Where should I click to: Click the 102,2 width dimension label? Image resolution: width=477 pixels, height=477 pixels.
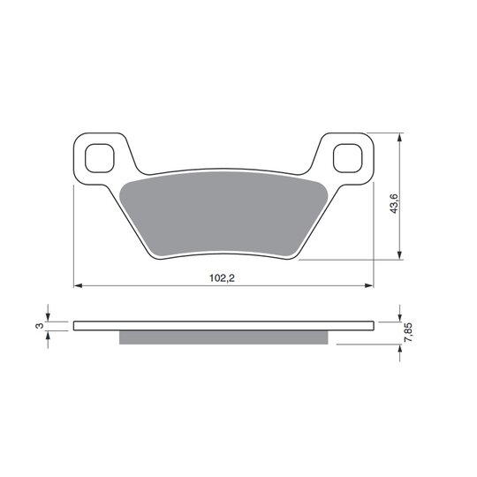coord(222,278)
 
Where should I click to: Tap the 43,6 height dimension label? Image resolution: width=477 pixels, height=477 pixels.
coord(394,204)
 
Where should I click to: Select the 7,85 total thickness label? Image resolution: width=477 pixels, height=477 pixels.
coord(409,333)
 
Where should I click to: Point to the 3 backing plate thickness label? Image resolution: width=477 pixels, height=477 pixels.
coord(39,326)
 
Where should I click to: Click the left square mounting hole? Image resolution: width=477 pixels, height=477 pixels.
coord(100,158)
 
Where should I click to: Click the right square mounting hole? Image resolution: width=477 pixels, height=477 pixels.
coord(348,158)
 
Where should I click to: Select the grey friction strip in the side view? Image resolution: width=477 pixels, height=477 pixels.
coord(223,337)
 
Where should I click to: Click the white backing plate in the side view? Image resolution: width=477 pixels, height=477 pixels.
coord(223,326)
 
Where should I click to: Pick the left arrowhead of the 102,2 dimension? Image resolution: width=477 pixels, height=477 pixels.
coord(78,285)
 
